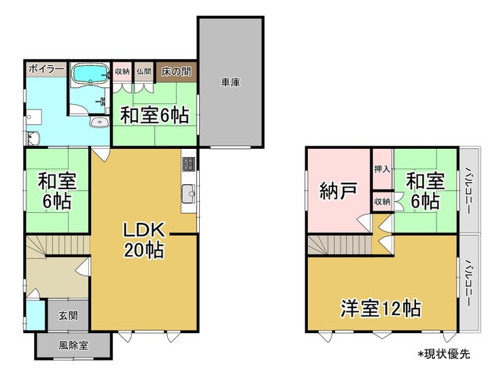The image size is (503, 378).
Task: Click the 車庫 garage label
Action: (x=230, y=83)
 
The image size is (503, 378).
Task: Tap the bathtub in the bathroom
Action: (x=91, y=74)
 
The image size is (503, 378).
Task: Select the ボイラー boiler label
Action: (x=46, y=69)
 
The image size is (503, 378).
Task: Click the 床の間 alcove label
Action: (x=176, y=71)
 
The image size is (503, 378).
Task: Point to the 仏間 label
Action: (x=143, y=71)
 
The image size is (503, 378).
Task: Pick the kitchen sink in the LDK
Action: (x=189, y=194)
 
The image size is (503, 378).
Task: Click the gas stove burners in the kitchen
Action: (x=189, y=164)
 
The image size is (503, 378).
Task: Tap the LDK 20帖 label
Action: (x=144, y=240)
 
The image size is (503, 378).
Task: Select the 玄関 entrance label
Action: (x=68, y=315)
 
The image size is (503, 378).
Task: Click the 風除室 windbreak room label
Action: (x=73, y=345)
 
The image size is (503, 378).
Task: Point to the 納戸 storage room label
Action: (x=339, y=191)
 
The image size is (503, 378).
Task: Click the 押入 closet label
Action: (x=382, y=169)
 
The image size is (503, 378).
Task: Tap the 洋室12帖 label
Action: (x=381, y=309)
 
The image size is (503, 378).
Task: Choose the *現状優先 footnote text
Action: (x=444, y=354)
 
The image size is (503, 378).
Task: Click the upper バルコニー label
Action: (x=468, y=190)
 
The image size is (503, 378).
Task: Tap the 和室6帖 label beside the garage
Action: (x=154, y=116)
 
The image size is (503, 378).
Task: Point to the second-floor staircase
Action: (x=340, y=245)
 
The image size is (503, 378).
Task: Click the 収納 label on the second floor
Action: (x=382, y=201)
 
